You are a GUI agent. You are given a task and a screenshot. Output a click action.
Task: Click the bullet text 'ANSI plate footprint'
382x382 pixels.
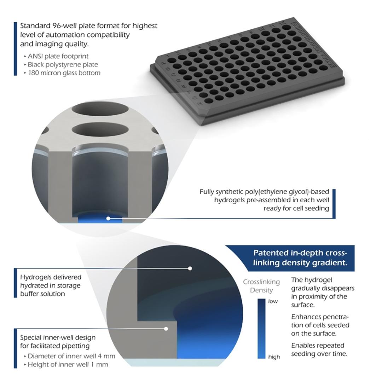click(58, 56)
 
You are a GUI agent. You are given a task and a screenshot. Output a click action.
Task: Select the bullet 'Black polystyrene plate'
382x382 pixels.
click(63, 64)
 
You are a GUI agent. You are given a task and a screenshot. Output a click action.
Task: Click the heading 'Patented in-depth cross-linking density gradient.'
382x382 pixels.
click(300, 258)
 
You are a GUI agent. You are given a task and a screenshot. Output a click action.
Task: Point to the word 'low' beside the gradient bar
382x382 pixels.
click(273, 301)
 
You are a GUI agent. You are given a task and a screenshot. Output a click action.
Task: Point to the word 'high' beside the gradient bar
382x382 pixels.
click(274, 357)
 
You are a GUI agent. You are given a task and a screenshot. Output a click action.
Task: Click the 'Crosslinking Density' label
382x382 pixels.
click(261, 286)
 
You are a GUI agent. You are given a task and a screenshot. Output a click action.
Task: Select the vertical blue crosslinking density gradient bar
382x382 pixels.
click(261, 329)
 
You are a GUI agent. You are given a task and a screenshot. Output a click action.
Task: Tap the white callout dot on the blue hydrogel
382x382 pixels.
click(108, 219)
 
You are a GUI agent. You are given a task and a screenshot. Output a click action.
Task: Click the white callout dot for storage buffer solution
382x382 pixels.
click(190, 268)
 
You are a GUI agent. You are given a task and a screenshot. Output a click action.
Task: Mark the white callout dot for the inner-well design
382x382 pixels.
click(166, 329)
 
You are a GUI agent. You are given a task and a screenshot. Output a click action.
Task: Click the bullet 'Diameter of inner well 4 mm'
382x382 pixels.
click(71, 356)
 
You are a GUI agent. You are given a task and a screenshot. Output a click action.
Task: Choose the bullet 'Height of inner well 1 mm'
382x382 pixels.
click(68, 364)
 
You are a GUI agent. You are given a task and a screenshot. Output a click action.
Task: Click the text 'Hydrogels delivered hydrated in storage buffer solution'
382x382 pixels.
click(51, 285)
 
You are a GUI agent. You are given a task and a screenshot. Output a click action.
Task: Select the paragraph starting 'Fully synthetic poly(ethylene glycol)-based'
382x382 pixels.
click(264, 200)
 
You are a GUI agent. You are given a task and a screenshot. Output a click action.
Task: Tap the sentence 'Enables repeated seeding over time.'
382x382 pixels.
click(318, 349)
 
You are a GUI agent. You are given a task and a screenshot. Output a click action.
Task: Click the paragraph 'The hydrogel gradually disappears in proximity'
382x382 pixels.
click(323, 292)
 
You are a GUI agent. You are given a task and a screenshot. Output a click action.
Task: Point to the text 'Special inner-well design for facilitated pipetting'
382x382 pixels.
click(58, 341)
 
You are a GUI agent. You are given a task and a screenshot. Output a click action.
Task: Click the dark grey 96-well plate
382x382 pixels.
click(248, 71)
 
